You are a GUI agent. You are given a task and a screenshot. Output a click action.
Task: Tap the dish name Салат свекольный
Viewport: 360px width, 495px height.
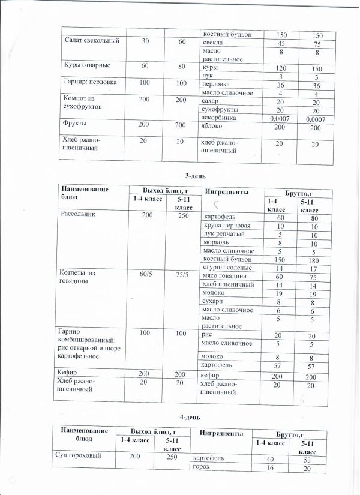(x=92, y=41)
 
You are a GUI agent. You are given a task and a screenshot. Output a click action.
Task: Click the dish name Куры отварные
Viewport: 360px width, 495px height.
(x=86, y=64)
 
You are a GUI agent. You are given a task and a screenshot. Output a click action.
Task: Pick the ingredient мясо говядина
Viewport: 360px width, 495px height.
(x=222, y=276)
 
